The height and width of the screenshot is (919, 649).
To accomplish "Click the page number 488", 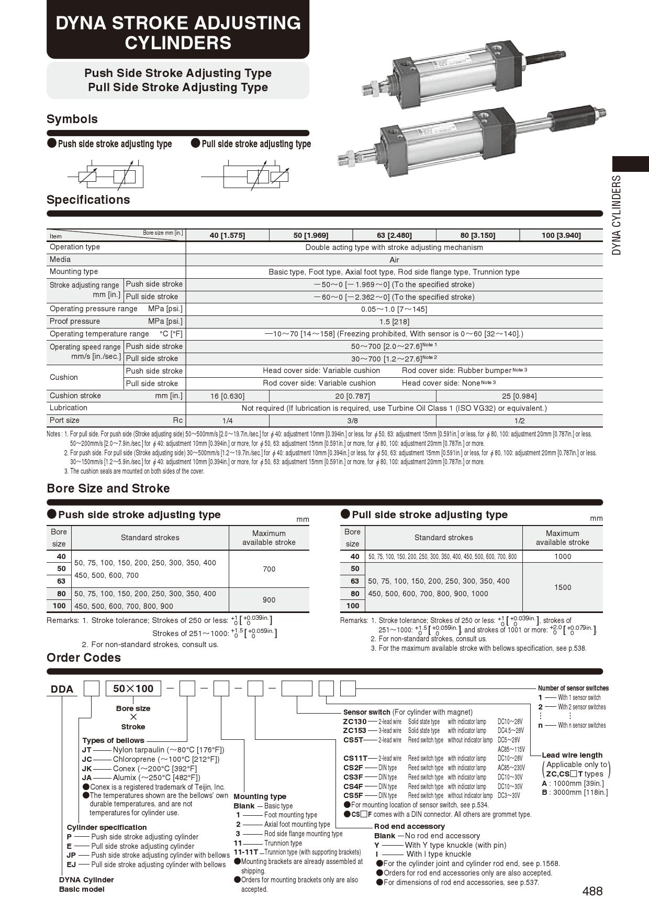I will point(592,891).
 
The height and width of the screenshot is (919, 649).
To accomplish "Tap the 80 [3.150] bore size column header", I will point(477,235).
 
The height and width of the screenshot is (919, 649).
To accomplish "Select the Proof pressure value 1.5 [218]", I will point(394,322).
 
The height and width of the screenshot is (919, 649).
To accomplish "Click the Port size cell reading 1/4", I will point(227,421).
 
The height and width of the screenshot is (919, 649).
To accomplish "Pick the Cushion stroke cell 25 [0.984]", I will point(519,396).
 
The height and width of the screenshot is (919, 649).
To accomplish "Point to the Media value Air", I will point(394,260).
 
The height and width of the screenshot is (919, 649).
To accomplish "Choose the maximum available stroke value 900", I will point(269,600).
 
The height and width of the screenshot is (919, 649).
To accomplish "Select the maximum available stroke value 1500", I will point(563,587).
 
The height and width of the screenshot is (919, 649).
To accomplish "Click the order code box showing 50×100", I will point(133,688).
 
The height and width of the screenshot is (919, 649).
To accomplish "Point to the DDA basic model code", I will point(62,689).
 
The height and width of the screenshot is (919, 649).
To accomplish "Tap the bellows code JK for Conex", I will point(87,769).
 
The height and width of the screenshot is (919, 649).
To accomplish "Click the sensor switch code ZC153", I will point(354,730).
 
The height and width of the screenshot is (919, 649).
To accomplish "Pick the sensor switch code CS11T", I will point(355,758).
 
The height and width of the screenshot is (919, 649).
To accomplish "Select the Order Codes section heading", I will point(84,658).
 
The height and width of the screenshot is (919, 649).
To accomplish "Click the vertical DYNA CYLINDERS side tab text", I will point(617,215).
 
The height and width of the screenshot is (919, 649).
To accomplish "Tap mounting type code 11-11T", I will point(245,852).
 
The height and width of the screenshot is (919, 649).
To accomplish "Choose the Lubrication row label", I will point(69,408).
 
